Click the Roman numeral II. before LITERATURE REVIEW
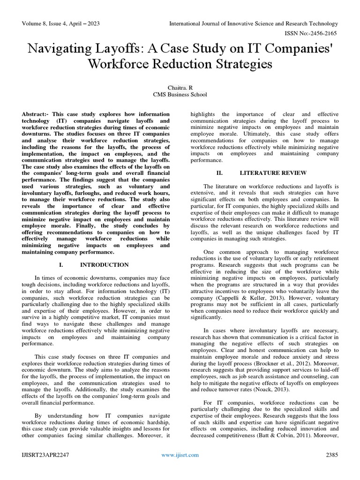pyautogui.click(x=218, y=172)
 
